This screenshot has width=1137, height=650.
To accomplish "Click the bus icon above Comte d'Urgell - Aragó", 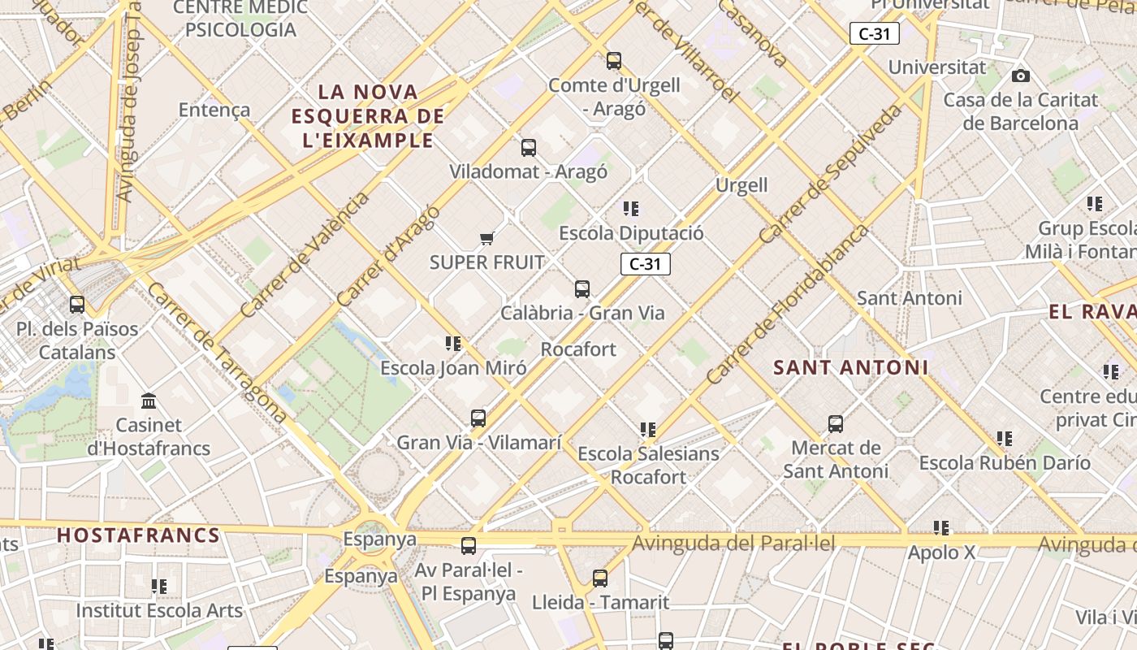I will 614,61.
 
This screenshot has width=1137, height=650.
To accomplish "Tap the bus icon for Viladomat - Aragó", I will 529,148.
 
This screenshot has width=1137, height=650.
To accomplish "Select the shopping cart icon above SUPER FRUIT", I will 486,238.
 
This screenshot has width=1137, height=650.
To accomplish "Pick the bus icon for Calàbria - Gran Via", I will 582,288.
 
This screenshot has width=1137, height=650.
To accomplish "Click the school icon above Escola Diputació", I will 631,209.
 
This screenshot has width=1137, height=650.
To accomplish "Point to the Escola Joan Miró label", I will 453,368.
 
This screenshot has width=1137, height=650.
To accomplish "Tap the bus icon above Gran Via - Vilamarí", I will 478,418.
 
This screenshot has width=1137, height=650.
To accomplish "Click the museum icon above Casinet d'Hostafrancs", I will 149,401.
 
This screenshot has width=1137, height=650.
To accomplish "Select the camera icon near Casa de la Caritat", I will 1021,76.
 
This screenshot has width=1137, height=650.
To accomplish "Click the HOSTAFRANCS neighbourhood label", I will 139,535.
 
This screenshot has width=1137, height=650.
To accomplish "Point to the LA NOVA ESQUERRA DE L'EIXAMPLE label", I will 368,115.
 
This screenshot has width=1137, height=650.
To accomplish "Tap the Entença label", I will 214,110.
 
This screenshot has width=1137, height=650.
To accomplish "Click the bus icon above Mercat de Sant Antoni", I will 836,424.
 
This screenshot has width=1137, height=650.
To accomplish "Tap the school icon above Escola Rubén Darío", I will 1005,439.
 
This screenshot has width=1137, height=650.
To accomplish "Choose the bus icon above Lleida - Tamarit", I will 600,578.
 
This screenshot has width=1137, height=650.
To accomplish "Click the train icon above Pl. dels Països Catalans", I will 77,305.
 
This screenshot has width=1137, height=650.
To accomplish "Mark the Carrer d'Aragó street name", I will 389,255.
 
